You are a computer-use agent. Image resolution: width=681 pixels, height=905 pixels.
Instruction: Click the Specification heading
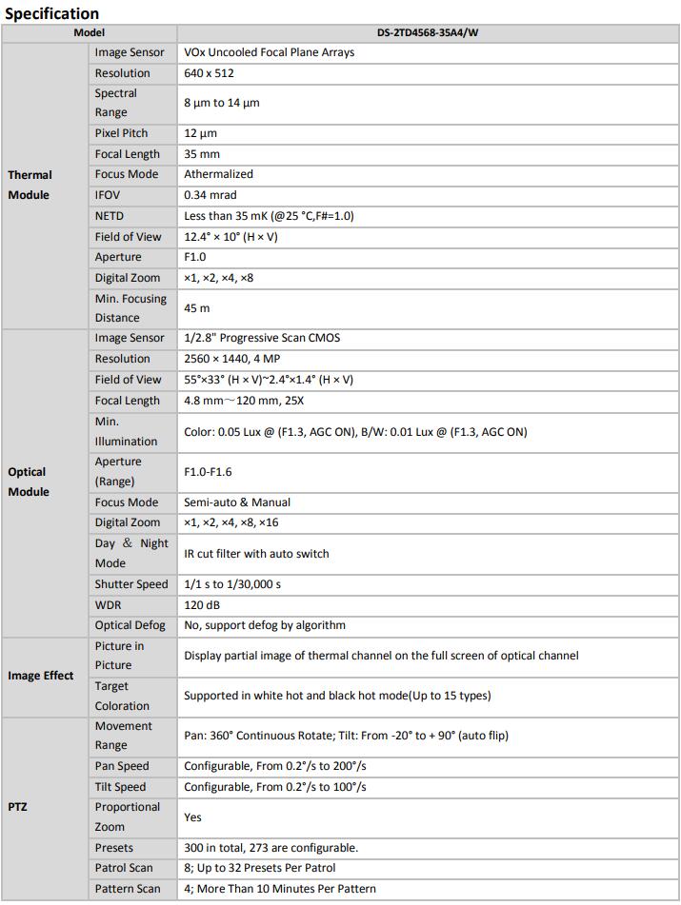(51, 13)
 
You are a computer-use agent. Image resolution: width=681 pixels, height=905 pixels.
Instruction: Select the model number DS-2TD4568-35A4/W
(428, 31)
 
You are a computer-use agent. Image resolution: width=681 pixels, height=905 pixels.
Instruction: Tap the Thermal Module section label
(30, 185)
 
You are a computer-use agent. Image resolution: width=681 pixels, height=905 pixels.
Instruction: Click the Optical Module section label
(29, 482)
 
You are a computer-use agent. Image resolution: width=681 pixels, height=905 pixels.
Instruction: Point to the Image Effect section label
(41, 676)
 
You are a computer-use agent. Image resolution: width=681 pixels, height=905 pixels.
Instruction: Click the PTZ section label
(19, 806)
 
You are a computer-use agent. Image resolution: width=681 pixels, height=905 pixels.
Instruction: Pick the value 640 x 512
(209, 73)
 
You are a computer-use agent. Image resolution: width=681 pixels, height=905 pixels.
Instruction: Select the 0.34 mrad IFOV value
(210, 195)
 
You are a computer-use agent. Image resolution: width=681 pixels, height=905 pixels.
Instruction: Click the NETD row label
(110, 216)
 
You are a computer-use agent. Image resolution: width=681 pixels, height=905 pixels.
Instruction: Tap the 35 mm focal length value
(202, 154)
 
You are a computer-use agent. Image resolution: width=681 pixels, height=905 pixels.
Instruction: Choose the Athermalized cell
(218, 174)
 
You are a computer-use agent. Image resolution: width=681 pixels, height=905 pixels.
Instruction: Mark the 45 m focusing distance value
(197, 308)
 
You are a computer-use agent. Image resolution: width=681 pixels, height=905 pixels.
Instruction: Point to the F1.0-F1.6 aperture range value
(208, 471)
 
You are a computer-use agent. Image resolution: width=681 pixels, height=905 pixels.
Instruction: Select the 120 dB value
(203, 604)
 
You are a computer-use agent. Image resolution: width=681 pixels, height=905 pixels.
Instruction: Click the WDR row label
(108, 604)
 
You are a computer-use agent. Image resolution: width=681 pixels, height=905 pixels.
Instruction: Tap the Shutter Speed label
(131, 584)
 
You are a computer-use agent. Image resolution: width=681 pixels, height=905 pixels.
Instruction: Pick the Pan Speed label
(122, 766)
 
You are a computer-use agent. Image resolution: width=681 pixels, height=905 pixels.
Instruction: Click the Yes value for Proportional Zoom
(193, 816)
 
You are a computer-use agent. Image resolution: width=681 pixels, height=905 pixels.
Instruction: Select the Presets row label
(114, 848)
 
